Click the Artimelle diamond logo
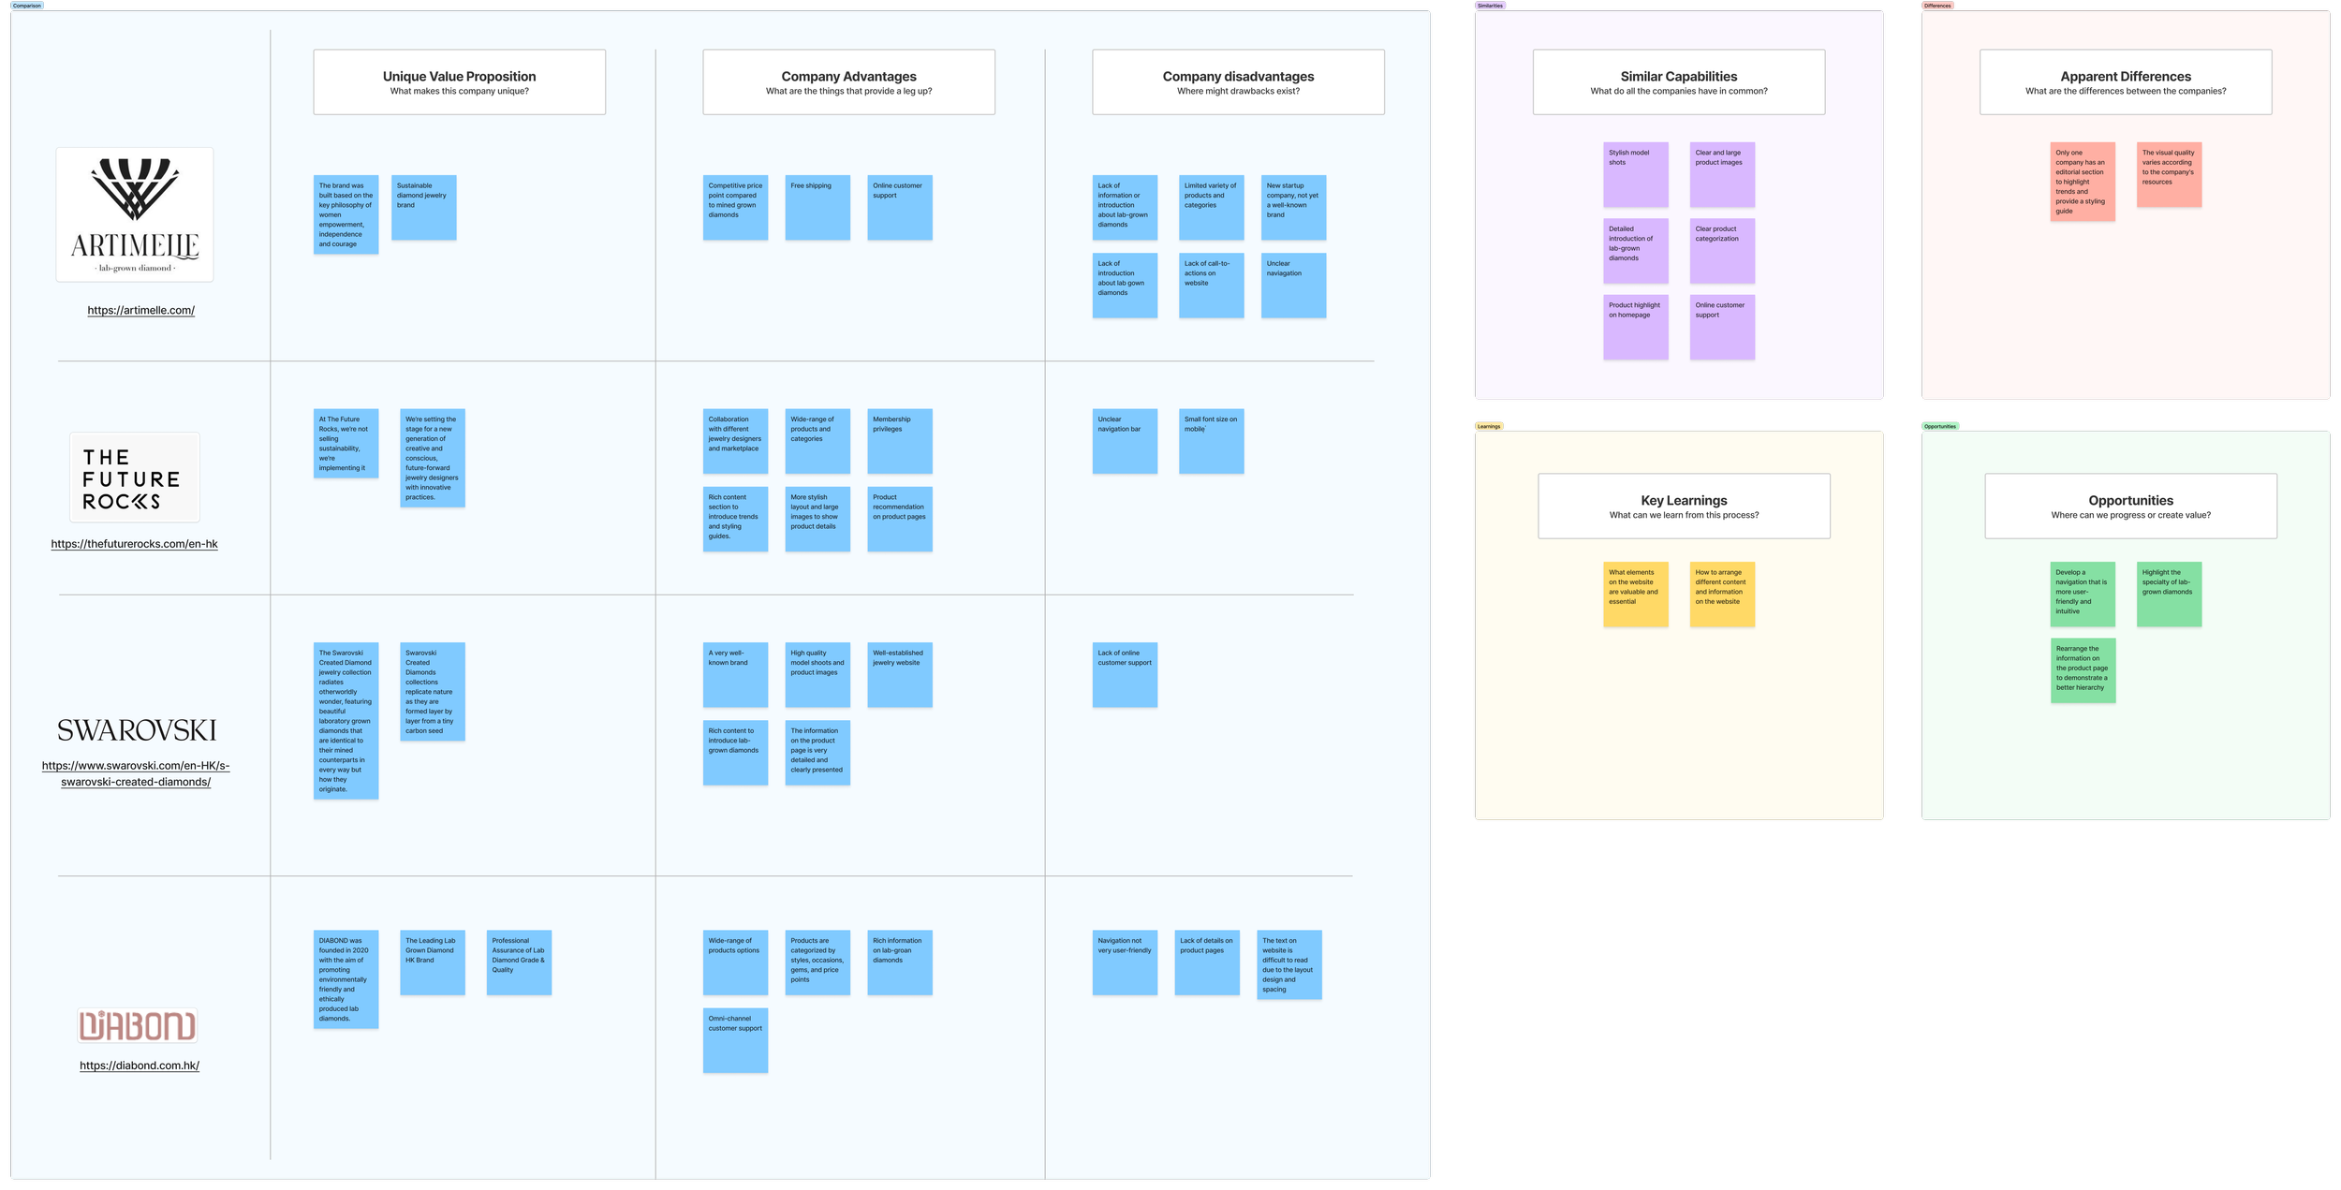135,213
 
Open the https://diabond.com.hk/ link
140,1065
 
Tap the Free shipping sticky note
817,207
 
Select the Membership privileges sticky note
899,440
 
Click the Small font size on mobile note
1211,440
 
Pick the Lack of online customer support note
1125,674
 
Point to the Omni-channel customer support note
735,1039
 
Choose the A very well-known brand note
735,674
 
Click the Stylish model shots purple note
1635,174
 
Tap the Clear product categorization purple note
1721,250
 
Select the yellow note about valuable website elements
1635,594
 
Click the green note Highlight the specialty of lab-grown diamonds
2169,594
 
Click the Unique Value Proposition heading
459,77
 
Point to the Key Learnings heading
1684,501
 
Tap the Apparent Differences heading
2126,77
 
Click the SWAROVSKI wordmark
137,730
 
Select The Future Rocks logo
134,477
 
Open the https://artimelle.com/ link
141,310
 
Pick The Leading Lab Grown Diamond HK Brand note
432,962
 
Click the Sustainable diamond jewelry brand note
423,207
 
